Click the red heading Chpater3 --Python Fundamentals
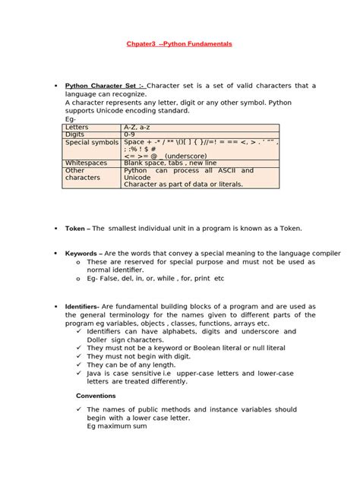(179, 45)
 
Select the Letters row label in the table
(77, 126)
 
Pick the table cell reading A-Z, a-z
(141, 126)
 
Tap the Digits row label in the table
(76, 134)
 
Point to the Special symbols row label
(92, 142)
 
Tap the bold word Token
(77, 227)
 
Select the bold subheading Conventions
(96, 396)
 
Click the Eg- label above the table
(71, 118)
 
